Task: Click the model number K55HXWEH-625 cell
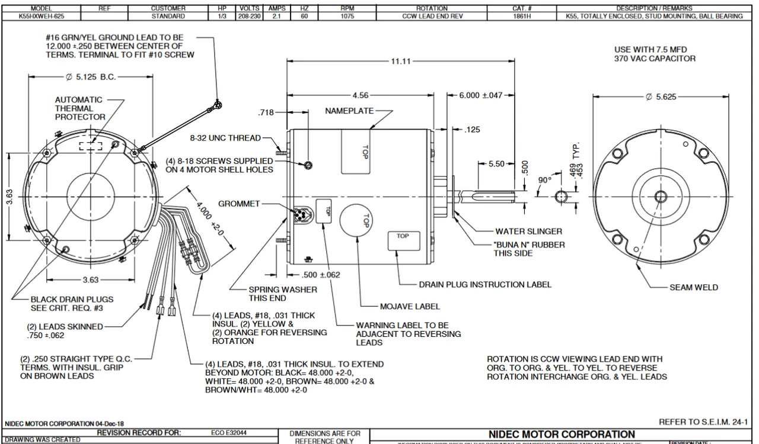(x=41, y=17)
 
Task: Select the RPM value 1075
(x=347, y=17)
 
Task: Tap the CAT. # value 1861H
(x=522, y=17)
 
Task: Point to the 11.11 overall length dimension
(x=402, y=61)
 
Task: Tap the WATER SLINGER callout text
(x=528, y=231)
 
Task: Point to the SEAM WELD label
(x=694, y=288)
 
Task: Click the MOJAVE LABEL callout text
(x=410, y=307)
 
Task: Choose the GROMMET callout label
(x=239, y=204)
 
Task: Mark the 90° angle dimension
(x=544, y=180)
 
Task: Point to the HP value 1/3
(x=214, y=17)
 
